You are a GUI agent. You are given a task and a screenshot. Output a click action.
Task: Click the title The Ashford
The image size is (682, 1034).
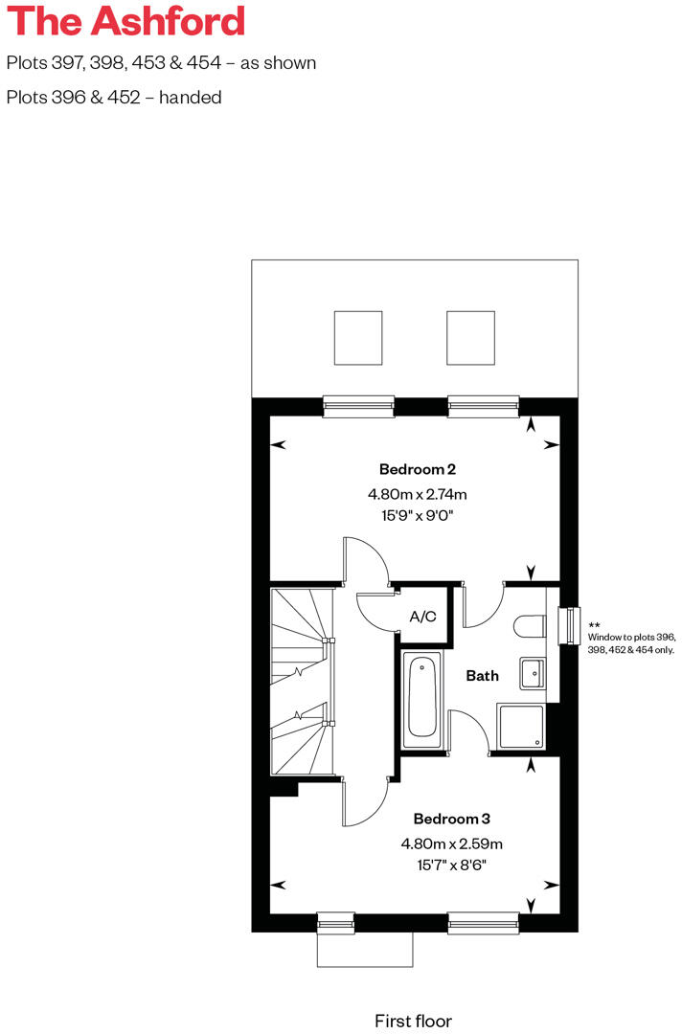tap(125, 21)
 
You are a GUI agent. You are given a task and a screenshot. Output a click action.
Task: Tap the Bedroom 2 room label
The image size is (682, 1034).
tap(417, 469)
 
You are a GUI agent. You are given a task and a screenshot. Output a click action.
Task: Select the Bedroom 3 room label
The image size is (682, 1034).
tap(451, 819)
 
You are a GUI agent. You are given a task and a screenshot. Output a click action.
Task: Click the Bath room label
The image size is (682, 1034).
tap(482, 676)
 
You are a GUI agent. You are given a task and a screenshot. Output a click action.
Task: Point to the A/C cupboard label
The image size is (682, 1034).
tap(423, 617)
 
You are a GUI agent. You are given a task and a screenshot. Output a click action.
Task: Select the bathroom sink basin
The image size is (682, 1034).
tap(532, 673)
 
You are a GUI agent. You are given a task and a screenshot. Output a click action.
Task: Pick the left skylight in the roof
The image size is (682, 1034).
tap(358, 337)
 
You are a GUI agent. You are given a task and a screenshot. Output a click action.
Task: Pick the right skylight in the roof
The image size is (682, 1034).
tap(471, 337)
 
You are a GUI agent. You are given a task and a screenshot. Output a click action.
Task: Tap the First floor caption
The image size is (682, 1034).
tap(413, 1021)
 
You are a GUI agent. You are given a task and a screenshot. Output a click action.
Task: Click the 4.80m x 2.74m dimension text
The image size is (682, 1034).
tap(417, 495)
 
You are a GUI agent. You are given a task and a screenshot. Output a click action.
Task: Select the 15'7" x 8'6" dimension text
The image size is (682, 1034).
tap(451, 865)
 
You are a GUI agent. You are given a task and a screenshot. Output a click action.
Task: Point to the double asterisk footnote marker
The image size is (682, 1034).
tap(594, 623)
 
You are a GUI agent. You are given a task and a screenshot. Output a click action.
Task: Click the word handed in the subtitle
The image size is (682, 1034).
tap(193, 97)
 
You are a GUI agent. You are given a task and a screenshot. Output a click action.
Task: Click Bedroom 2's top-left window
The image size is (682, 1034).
tap(358, 406)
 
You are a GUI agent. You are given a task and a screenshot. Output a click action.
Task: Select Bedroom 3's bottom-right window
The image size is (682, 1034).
tap(483, 923)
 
